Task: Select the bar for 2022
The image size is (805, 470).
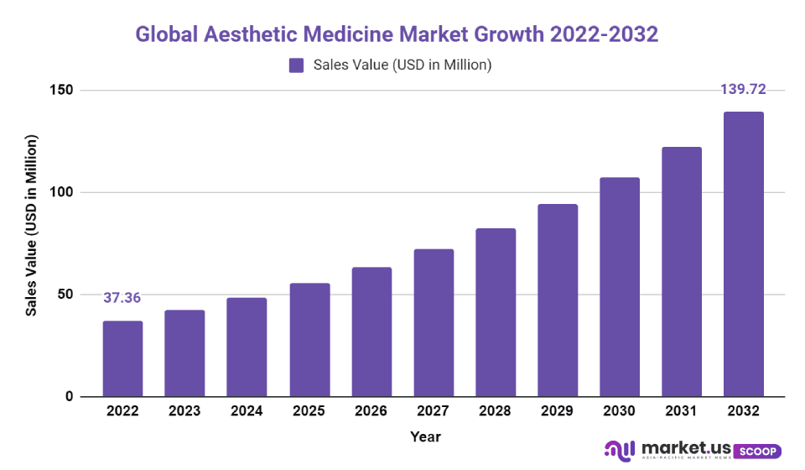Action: pos(122,358)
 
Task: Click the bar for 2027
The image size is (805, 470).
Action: pos(434,322)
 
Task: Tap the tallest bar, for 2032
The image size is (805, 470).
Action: pos(744,253)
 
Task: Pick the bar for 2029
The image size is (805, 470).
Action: pos(558,300)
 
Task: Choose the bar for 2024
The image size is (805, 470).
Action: pos(247,347)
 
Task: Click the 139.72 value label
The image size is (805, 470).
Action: pos(743,90)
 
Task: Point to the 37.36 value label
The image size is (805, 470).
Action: pos(122,298)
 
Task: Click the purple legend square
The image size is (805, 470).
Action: pos(296,65)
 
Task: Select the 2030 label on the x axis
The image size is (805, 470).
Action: pos(620,411)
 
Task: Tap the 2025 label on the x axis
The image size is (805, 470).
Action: pos(309,411)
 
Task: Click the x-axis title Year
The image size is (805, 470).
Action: pos(425,436)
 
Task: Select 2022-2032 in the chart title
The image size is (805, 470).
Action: pos(604,34)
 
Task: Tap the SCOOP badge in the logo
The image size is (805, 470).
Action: pos(757,452)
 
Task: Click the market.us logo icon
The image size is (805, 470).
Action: pos(618,451)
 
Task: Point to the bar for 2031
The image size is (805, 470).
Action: pos(682,271)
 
